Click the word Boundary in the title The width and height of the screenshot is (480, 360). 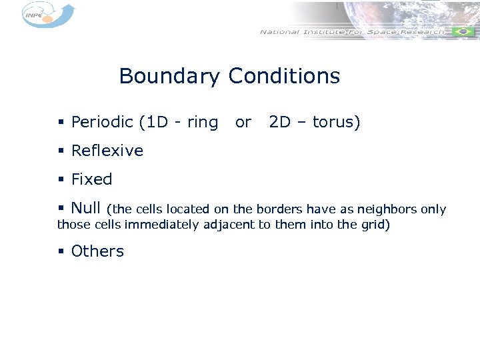(x=169, y=77)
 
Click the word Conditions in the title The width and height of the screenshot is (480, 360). (x=284, y=77)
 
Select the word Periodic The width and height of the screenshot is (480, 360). (x=102, y=123)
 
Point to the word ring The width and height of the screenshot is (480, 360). (x=203, y=123)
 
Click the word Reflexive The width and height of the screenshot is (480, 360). (x=107, y=151)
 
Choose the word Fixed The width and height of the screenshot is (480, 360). (x=91, y=179)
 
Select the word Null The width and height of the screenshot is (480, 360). (x=86, y=208)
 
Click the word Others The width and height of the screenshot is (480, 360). (x=97, y=251)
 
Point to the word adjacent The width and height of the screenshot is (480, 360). (x=229, y=225)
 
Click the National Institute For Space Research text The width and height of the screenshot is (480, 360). (x=351, y=31)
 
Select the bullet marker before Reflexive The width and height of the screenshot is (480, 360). (x=61, y=151)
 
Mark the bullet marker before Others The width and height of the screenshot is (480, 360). (x=61, y=252)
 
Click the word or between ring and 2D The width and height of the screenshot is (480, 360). (x=243, y=123)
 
